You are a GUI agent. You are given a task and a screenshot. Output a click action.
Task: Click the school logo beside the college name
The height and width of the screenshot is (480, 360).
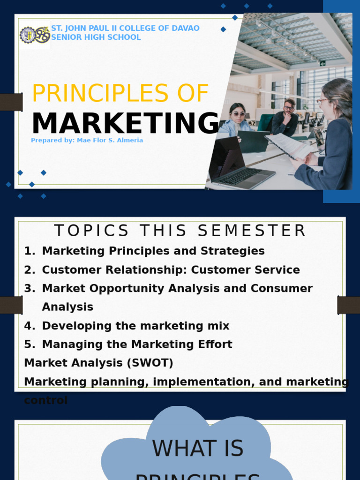click(35, 35)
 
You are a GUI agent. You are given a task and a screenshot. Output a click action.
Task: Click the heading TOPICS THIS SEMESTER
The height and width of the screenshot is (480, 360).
click(180, 231)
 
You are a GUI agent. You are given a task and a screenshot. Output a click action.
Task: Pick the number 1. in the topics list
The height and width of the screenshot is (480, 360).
click(30, 251)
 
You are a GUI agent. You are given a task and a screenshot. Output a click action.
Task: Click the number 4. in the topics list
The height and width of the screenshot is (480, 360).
click(30, 326)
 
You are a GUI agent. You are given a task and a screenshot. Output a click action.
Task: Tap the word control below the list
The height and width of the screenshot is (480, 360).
click(45, 400)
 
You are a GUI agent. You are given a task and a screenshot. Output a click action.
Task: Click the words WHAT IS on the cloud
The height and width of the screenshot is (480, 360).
click(197, 449)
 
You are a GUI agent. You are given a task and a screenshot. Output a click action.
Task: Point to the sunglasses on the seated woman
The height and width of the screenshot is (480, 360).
click(238, 113)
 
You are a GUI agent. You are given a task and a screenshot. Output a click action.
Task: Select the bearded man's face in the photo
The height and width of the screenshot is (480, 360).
click(289, 106)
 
